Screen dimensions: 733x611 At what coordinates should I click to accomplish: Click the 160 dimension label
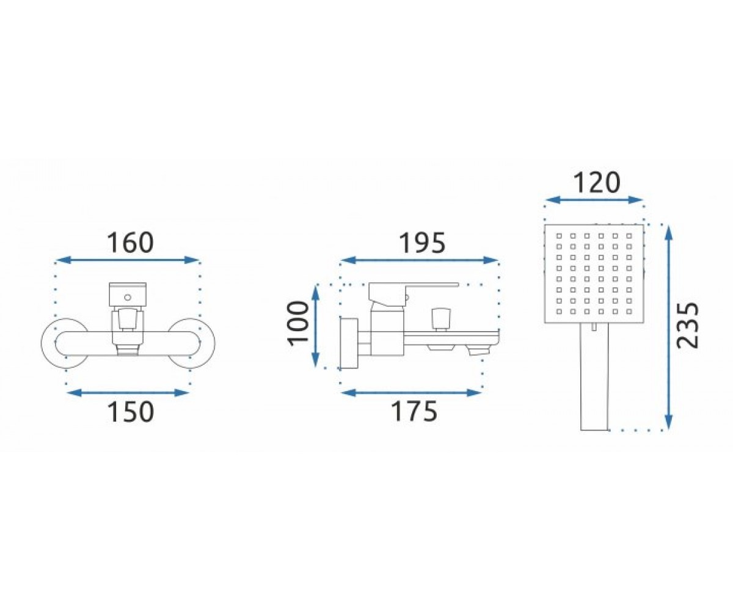click(130, 242)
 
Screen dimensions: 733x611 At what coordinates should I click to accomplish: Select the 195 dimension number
click(423, 243)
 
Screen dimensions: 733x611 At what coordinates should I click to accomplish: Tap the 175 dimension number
click(415, 411)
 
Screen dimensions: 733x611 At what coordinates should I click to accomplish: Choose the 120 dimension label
click(597, 182)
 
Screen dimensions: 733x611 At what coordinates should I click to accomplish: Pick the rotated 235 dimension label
click(688, 325)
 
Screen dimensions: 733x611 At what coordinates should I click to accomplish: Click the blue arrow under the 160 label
click(128, 260)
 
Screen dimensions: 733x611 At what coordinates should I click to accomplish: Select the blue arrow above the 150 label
click(128, 393)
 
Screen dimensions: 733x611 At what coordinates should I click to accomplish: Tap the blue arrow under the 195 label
click(419, 260)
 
